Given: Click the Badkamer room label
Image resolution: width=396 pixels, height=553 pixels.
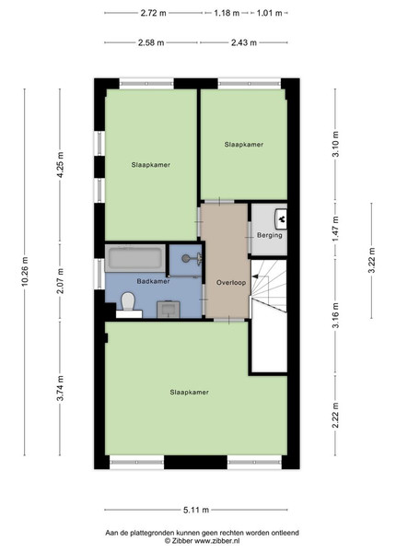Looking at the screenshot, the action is (153, 281).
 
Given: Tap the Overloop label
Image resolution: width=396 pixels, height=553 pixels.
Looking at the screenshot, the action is (231, 283).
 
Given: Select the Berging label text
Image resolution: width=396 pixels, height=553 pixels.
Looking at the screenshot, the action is (270, 235).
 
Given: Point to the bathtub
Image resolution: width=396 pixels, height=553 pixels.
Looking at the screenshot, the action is (135, 258).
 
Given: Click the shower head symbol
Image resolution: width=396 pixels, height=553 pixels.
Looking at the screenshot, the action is (192, 258).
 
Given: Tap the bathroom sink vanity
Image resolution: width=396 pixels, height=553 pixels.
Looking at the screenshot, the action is (169, 310).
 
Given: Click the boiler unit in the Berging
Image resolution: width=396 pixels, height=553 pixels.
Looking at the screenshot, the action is (281, 219).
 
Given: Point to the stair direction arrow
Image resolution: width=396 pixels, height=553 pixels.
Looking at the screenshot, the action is (262, 276).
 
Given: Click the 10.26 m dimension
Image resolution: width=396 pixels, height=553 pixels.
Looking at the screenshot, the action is (25, 272).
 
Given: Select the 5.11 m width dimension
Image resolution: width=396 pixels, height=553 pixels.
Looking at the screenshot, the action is (196, 510).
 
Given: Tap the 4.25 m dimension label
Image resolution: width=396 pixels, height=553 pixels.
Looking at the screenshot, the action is (60, 165).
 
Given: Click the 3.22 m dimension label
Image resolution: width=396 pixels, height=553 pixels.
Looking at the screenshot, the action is (371, 260).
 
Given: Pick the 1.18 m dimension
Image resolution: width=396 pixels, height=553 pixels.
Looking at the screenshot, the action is (227, 13).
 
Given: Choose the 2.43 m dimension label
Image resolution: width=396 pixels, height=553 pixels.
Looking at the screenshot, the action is (244, 42).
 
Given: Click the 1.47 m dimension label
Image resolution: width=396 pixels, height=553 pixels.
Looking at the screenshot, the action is (335, 229).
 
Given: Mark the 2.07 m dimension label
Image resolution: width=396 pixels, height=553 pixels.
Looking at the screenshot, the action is (60, 281).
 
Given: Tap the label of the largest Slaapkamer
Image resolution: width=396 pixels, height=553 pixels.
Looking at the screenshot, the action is (189, 393).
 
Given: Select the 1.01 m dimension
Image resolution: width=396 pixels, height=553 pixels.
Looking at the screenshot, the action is (270, 13).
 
